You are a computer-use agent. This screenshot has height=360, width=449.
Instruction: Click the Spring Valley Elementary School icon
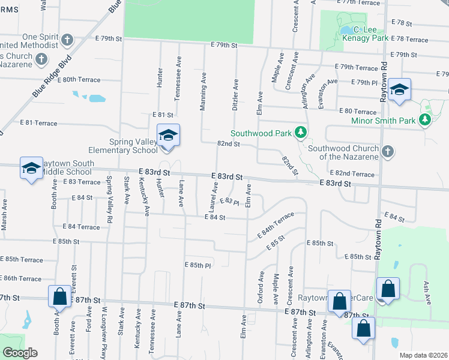pos(169,135)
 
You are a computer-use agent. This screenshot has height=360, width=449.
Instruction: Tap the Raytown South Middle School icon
pos(31,168)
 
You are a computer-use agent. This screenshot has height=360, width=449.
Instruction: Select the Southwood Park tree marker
pos(301,133)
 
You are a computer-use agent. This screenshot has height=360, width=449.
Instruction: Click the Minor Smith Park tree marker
pos(426,121)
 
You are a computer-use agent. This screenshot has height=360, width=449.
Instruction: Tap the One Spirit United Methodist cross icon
pos(67,41)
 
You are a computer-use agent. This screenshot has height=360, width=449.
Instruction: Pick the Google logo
pos(19,353)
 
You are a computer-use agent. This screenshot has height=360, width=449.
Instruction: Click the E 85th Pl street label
pos(198,265)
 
